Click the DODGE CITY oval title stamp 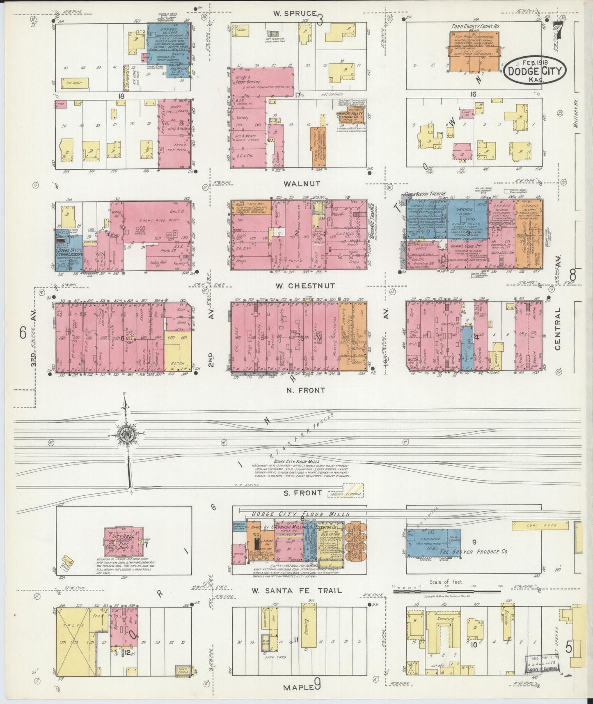pyautogui.click(x=535, y=69)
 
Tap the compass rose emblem pyautogui.click(x=126, y=437)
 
